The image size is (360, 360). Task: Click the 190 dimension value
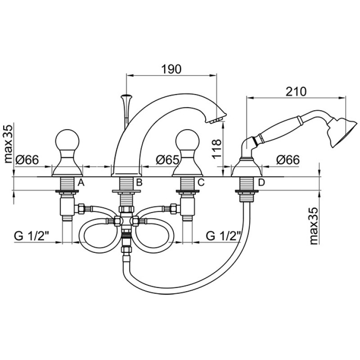(171, 69)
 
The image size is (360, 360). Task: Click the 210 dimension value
(296, 92)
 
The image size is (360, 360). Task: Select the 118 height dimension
(217, 148)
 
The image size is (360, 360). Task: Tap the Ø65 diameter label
(167, 160)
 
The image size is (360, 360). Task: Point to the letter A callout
(81, 183)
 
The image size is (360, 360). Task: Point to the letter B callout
(139, 183)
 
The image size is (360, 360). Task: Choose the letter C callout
(201, 183)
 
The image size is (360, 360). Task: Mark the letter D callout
(261, 183)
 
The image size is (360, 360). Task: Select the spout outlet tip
(216, 121)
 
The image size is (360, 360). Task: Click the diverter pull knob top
(126, 96)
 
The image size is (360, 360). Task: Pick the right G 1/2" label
(223, 236)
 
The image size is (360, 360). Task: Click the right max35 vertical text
(314, 226)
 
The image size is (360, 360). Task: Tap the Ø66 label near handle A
(27, 160)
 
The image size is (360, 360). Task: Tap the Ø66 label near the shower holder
(288, 160)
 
